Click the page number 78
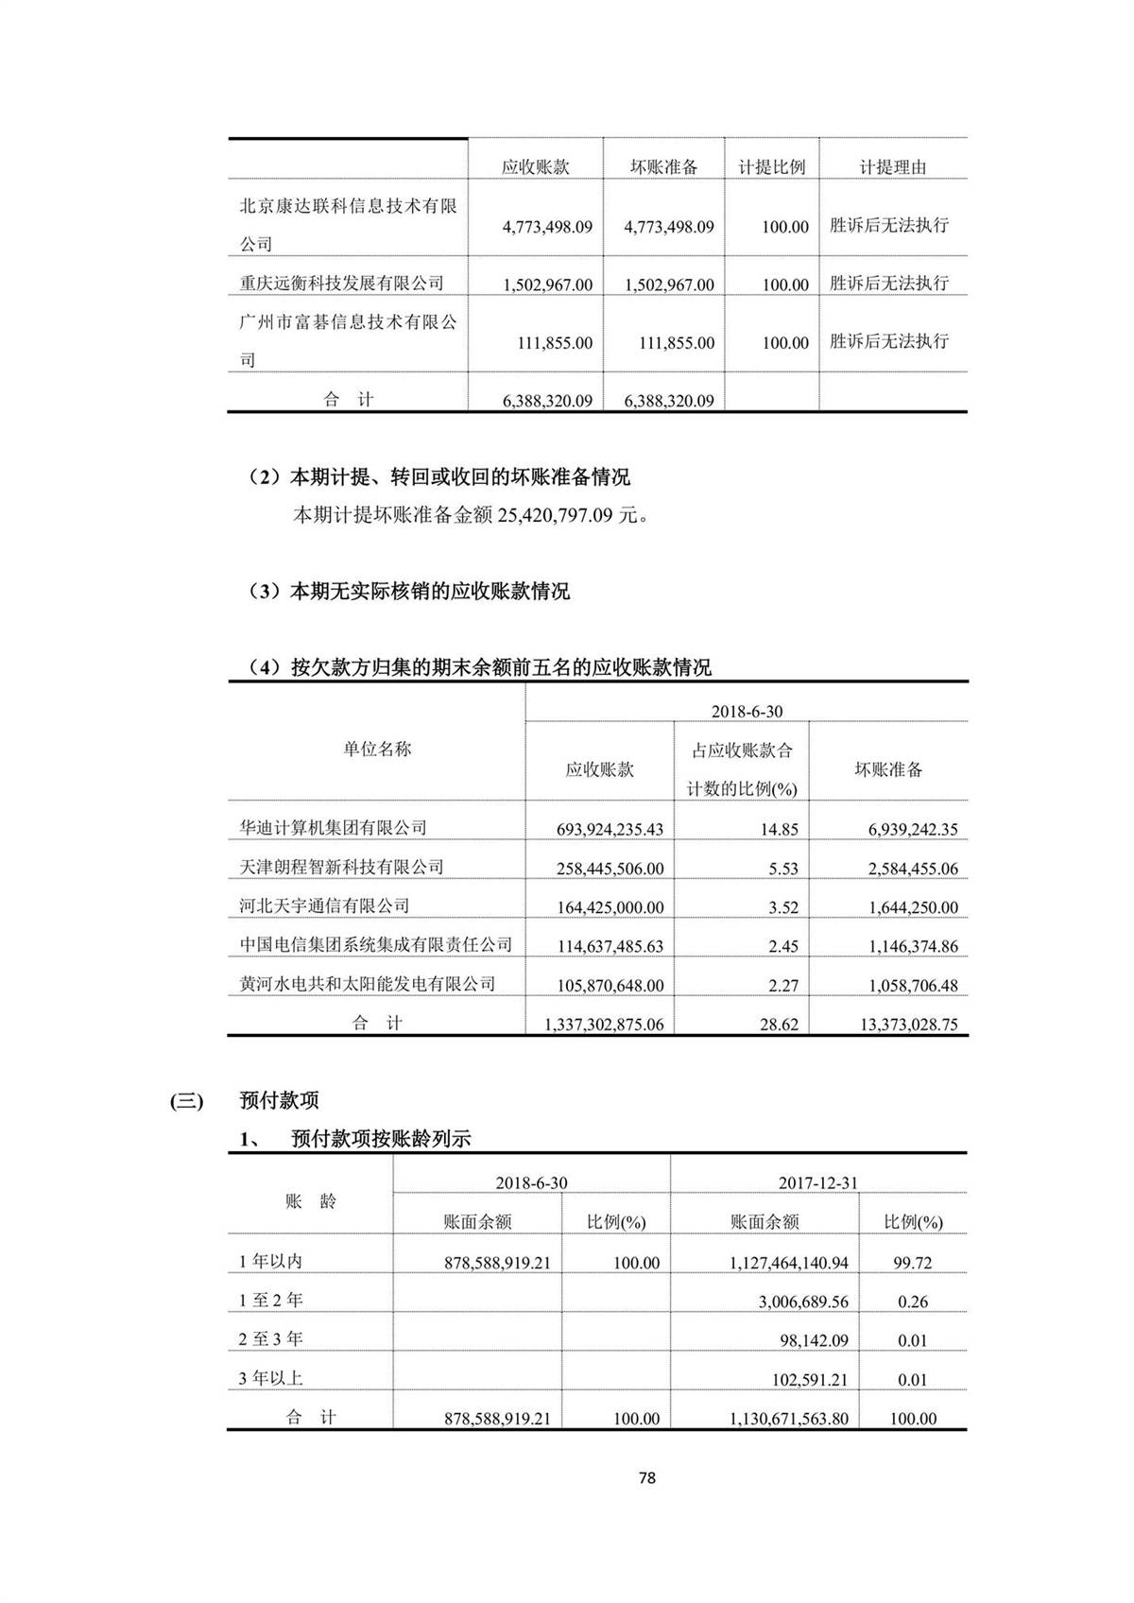pos(646,1477)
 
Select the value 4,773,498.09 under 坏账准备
pos(669,227)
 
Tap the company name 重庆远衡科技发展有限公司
pos(341,283)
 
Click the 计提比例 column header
pos(771,167)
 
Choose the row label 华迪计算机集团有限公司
pos(333,828)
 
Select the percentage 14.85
pos(779,830)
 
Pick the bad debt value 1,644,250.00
pos(913,907)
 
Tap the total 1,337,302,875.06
pos(604,1025)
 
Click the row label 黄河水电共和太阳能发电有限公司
pos(367,984)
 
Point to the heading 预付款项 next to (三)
pos(279,1100)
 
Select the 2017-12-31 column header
pos(817,1182)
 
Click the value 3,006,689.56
pos(803,1301)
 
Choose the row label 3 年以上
pos(270,1379)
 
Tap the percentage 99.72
pos(913,1263)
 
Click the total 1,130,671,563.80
pos(789,1419)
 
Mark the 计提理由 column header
pos(892,167)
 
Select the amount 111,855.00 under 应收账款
pos(555,343)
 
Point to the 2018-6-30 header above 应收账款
pos(747,711)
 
